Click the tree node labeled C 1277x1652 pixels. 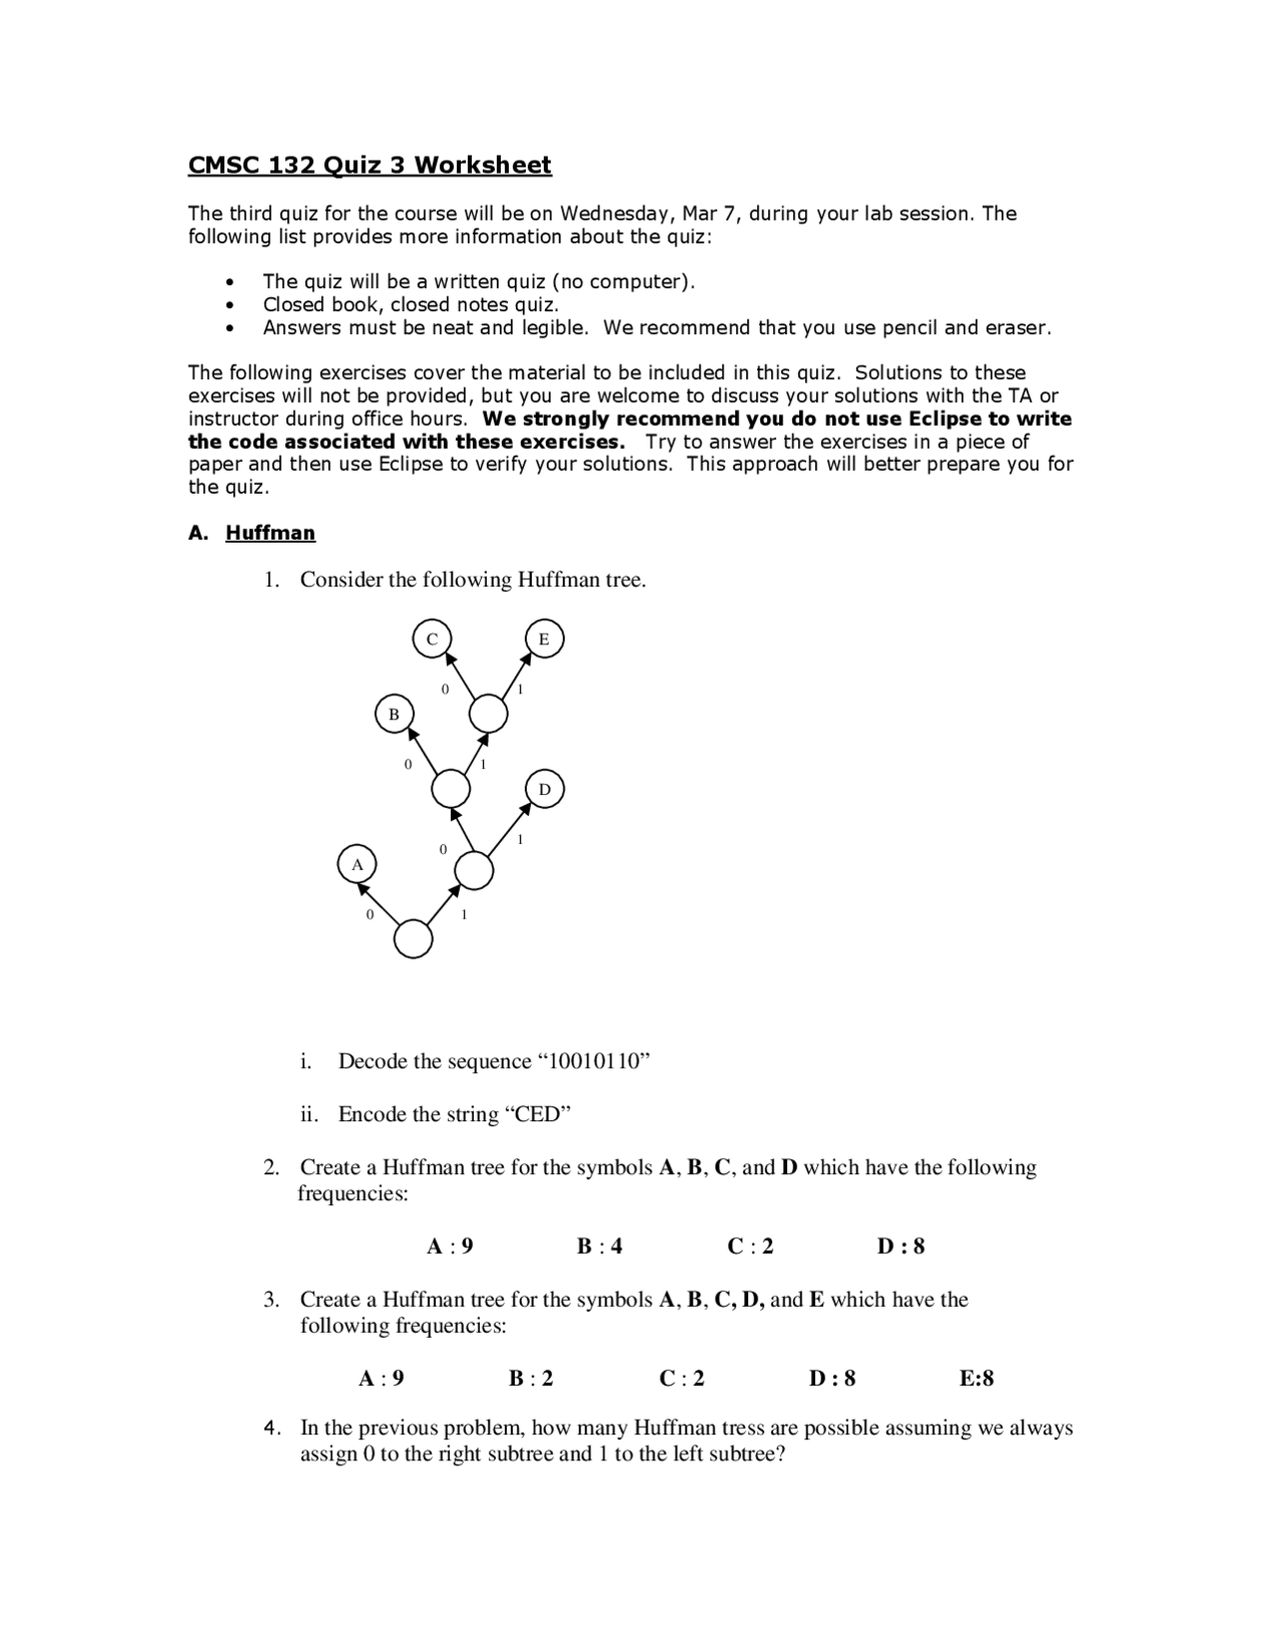pyautogui.click(x=432, y=638)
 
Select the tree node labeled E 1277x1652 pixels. pyautogui.click(x=544, y=638)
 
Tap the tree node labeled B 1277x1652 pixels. pyautogui.click(x=394, y=714)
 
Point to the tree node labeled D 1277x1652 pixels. pyautogui.click(x=544, y=789)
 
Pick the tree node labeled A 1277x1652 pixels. pyautogui.click(x=357, y=864)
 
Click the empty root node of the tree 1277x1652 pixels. pyautogui.click(x=413, y=939)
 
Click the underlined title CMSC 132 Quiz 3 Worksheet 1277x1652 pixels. pyautogui.click(x=369, y=166)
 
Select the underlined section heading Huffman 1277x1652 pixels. pyautogui.click(x=270, y=533)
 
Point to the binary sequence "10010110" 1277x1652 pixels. pyautogui.click(x=594, y=1061)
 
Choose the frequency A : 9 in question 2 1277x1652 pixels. pyautogui.click(x=450, y=1246)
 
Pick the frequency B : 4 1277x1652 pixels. pyautogui.click(x=600, y=1246)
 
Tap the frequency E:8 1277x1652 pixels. pyautogui.click(x=977, y=1379)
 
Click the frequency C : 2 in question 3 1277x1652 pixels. pyautogui.click(x=681, y=1379)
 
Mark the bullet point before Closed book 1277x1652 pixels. pyautogui.click(x=231, y=305)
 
